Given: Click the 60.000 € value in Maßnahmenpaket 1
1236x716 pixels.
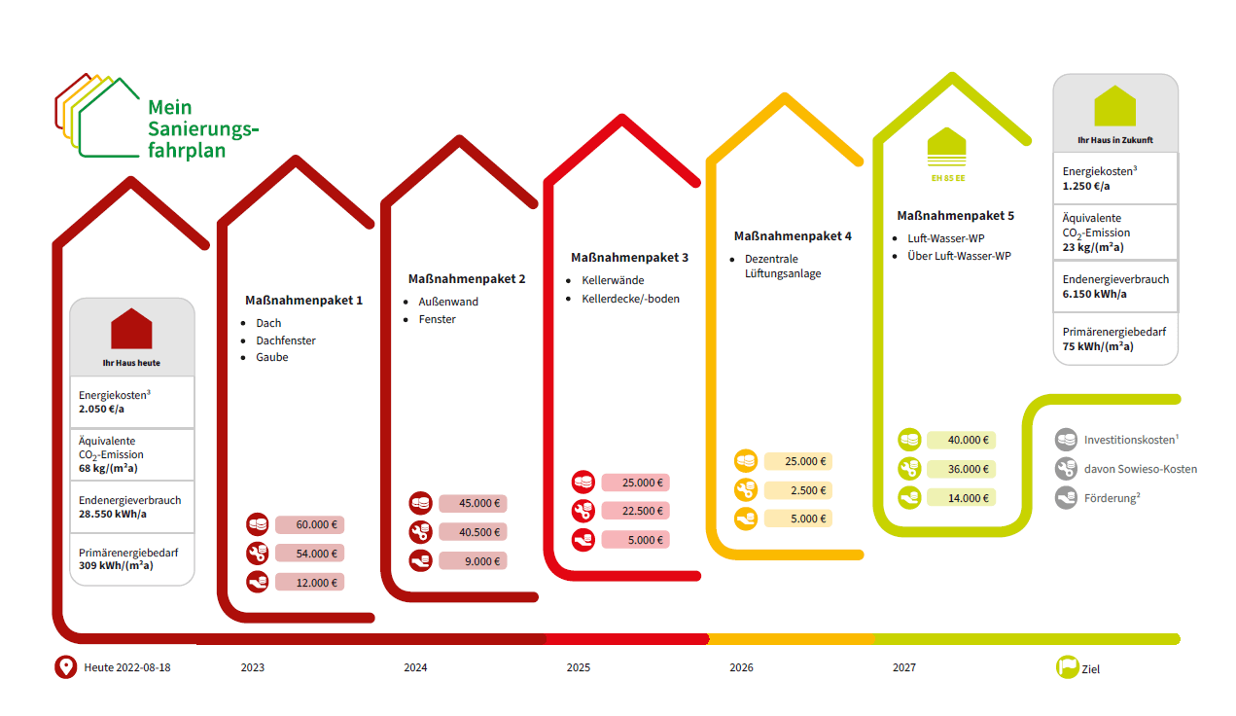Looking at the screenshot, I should click(309, 524).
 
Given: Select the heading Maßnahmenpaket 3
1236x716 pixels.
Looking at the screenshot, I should click(629, 258).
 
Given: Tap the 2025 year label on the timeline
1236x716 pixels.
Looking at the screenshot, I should click(578, 668).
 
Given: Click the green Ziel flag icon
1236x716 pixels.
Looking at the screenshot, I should click(1067, 667).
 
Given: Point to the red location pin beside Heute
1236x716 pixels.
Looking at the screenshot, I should click(65, 667).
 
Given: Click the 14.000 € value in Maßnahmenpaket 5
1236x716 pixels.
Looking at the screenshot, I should click(961, 497).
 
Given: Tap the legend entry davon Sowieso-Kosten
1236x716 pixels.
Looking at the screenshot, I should click(1140, 469).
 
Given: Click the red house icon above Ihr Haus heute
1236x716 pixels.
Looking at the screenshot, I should click(131, 329).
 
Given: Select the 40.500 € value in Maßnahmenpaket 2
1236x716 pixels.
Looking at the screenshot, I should click(473, 532).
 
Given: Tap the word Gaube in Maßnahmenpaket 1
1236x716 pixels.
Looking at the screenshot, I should click(271, 357).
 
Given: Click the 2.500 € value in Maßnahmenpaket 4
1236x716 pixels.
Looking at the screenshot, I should click(797, 490).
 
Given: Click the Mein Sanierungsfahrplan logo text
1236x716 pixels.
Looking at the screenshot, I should click(203, 128).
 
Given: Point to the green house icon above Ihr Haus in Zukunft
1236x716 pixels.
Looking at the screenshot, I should click(1114, 106).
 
